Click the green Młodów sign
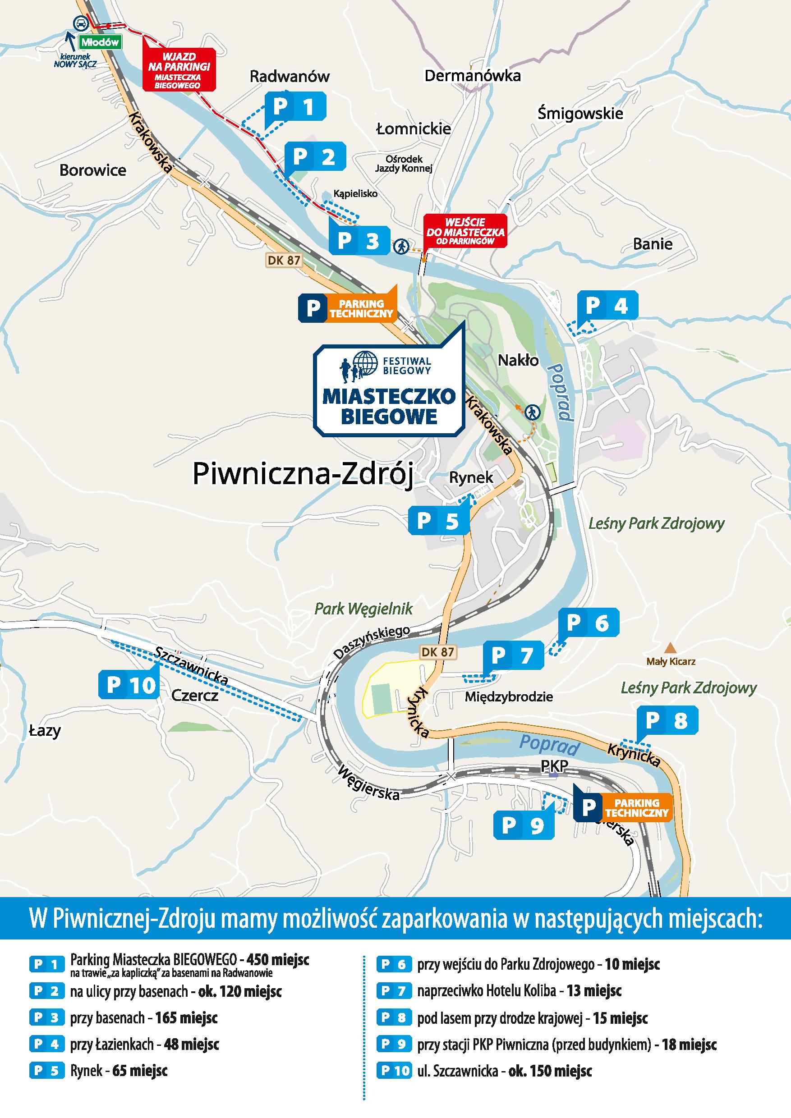tap(100, 42)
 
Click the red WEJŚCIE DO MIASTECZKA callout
tap(465, 231)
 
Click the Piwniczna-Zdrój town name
tap(303, 474)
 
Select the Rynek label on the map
tap(471, 478)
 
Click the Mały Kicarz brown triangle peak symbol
tap(671, 648)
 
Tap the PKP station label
tap(554, 766)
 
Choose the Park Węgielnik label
tap(363, 609)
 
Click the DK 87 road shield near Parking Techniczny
tap(284, 261)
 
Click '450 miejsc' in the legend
tap(278, 960)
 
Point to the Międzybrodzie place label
tap(509, 697)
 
